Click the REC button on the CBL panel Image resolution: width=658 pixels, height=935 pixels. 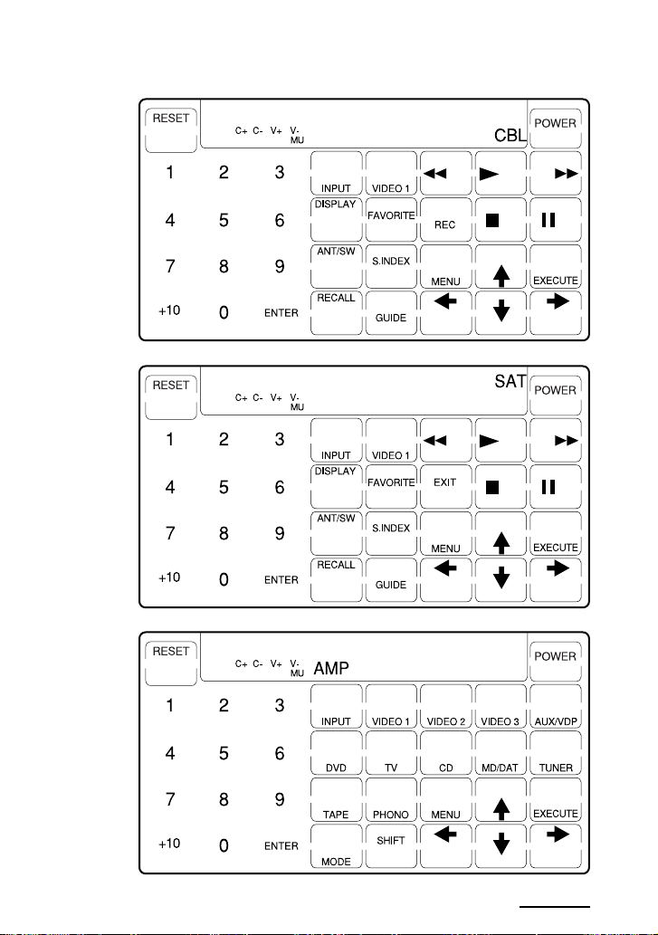pyautogui.click(x=445, y=220)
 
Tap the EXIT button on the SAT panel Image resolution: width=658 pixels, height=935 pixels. pyautogui.click(x=445, y=487)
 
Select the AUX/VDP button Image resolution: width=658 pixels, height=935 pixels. pyautogui.click(x=556, y=707)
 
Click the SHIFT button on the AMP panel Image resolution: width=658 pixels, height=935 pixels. pyautogui.click(x=391, y=846)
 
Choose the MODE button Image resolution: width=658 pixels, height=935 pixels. pyautogui.click(x=336, y=846)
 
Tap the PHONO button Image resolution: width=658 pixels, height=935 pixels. pyautogui.click(x=391, y=799)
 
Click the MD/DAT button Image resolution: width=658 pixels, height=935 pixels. pyautogui.click(x=501, y=753)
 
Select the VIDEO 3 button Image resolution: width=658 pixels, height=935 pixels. pyautogui.click(x=501, y=707)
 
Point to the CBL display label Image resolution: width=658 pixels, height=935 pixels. pyautogui.click(x=510, y=136)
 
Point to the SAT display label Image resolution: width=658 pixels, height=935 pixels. pyautogui.click(x=510, y=381)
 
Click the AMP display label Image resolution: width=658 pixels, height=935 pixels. pyautogui.click(x=331, y=669)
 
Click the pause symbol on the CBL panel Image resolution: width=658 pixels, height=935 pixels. pyautogui.click(x=548, y=220)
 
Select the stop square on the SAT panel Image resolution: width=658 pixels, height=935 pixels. pyautogui.click(x=492, y=488)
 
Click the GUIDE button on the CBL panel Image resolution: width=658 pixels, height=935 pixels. pyautogui.click(x=391, y=313)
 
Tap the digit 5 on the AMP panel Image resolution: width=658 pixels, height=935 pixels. pyautogui.click(x=224, y=754)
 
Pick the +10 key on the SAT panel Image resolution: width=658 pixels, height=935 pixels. pyautogui.click(x=169, y=577)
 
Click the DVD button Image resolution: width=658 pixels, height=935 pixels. pyautogui.click(x=336, y=753)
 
